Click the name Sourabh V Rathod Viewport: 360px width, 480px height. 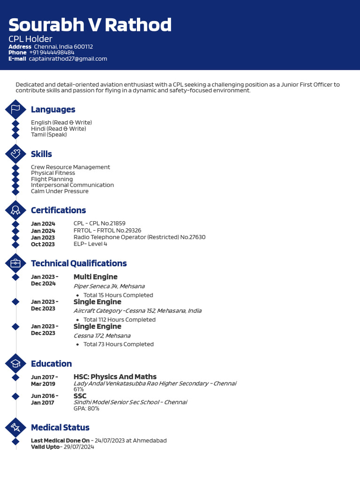[90, 25]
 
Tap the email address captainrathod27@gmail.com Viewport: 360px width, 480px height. [68, 59]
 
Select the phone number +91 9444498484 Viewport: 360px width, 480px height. [52, 52]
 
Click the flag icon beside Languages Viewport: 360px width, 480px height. [15, 110]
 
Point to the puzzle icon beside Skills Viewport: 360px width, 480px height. [15, 154]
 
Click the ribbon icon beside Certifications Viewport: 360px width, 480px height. [15, 210]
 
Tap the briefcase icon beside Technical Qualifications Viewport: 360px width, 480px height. [15, 263]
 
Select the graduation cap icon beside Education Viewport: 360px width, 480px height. [15, 364]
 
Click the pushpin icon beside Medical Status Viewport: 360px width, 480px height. [15, 427]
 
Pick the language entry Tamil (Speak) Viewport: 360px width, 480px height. [49, 135]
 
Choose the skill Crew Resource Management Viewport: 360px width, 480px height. [70, 167]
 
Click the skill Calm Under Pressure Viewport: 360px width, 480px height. [60, 191]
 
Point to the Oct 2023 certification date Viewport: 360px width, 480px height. [43, 244]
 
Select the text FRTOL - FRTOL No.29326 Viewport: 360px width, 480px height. [107, 230]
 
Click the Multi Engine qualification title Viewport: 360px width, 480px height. [95, 277]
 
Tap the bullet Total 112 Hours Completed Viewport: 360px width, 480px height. [119, 320]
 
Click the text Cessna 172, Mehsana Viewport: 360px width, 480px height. [102, 336]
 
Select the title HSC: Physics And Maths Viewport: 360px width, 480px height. [115, 377]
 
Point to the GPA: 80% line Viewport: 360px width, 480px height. [86, 408]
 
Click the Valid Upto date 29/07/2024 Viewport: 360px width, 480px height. [79, 447]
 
